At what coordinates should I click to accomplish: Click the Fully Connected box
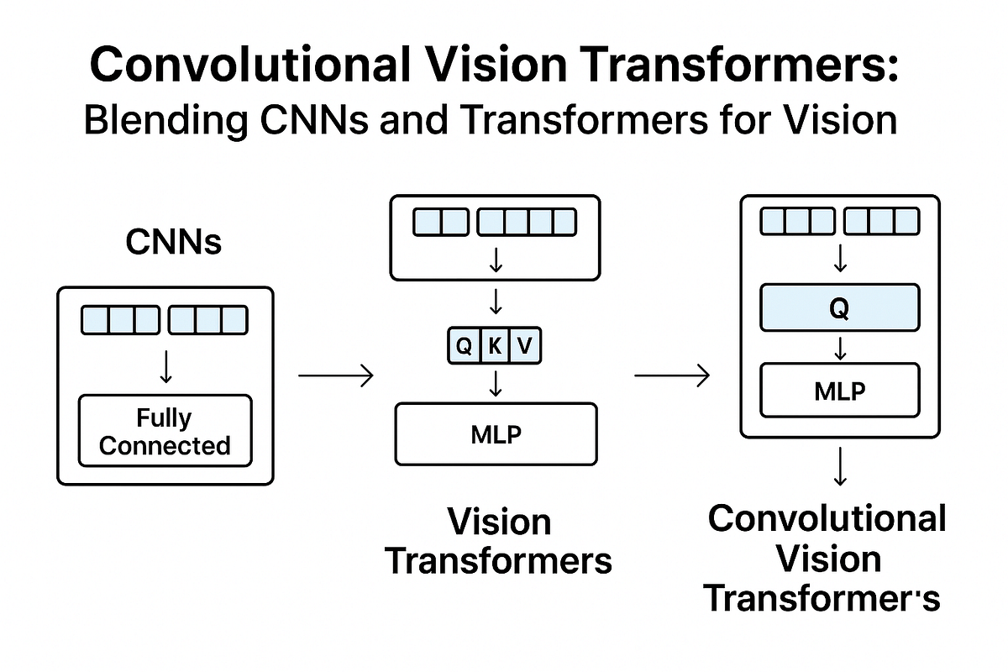165,431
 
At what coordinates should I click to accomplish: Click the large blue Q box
838,308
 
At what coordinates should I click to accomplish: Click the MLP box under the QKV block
496,434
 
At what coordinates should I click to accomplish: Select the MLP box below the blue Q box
838,391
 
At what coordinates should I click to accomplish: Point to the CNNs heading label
174,242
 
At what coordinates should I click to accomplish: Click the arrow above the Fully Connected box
165,366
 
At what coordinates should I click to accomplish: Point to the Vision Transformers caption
499,541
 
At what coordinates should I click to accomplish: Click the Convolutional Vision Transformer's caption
827,559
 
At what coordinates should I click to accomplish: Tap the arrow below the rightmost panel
839,466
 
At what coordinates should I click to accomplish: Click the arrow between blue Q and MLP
839,349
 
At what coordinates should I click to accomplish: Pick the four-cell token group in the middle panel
527,223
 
